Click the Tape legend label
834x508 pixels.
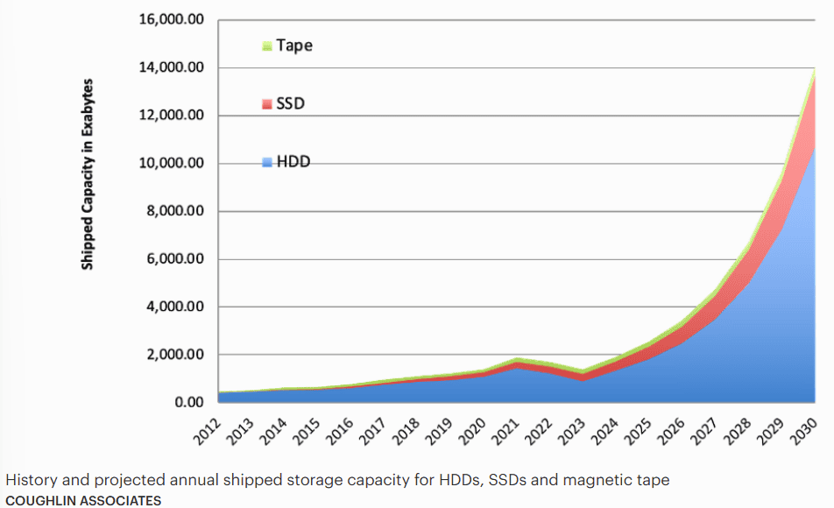tap(294, 45)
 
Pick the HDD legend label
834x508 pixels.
tap(293, 162)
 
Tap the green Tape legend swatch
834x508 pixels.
tap(267, 46)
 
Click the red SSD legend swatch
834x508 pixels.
tap(267, 104)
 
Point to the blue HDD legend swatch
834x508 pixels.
tap(267, 162)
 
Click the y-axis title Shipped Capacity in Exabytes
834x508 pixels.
tap(88, 175)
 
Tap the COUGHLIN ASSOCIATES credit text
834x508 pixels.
tap(83, 500)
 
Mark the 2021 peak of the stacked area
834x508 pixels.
tap(519, 359)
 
